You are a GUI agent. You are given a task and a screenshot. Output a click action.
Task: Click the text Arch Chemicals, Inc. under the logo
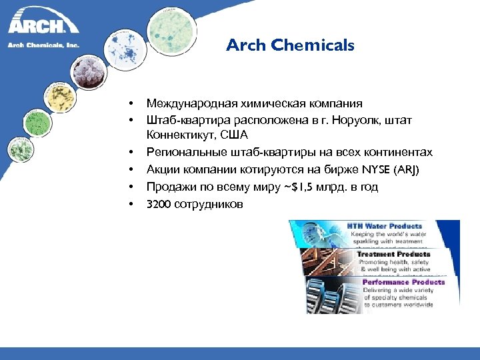coord(43,46)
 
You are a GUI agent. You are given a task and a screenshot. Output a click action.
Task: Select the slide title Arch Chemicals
coord(290,45)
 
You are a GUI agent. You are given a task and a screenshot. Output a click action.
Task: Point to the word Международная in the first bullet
coord(187,103)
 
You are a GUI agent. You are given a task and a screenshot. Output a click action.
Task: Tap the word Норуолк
coord(359,120)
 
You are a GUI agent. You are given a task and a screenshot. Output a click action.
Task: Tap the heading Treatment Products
coord(394,254)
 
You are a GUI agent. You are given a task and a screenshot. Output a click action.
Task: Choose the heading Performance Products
coord(403,282)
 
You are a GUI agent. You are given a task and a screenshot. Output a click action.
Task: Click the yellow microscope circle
coord(59,100)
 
